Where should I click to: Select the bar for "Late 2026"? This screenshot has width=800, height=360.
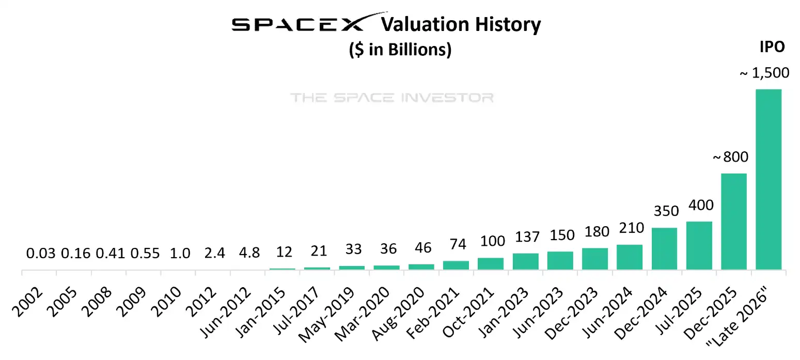pos(768,179)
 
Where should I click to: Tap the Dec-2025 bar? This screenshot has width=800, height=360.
pos(733,221)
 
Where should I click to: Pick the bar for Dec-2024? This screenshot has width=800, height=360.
pos(664,248)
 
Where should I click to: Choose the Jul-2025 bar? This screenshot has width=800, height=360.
pos(699,245)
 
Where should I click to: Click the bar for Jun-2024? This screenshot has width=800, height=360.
pos(629,257)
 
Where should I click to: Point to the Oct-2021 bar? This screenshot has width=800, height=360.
pos(490,263)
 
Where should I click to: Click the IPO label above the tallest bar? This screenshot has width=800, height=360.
pos(772,47)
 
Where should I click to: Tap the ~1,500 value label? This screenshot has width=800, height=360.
pos(764,73)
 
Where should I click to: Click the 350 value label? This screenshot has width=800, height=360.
pos(664,211)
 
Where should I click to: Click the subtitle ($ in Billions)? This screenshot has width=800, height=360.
pos(400,50)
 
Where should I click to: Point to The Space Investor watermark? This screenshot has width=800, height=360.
pos(392,97)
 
